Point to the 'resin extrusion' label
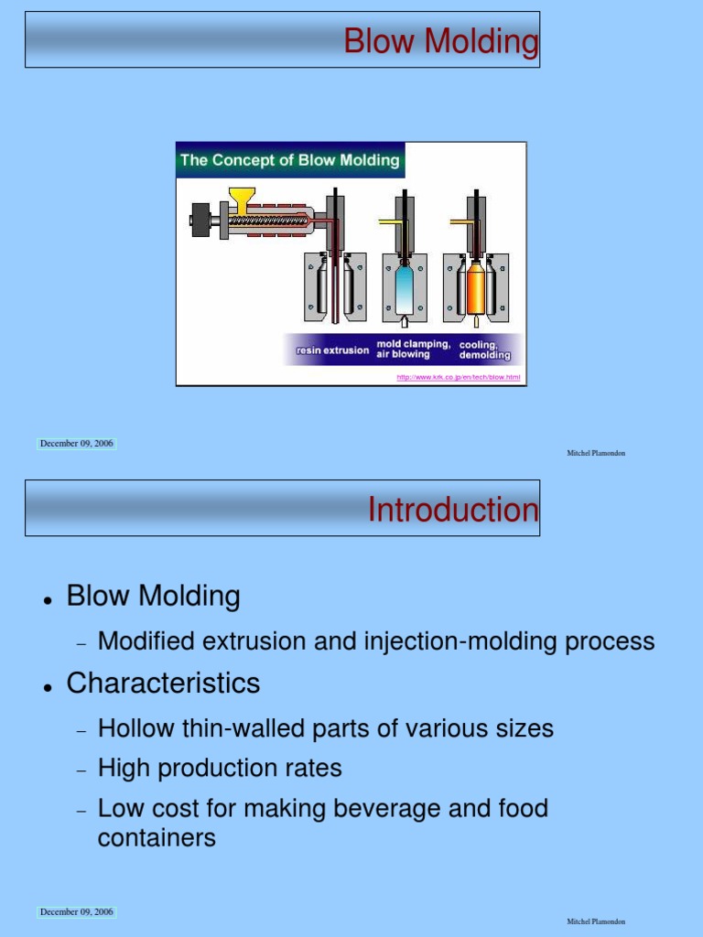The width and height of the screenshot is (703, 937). click(332, 350)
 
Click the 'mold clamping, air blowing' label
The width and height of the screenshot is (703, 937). click(413, 350)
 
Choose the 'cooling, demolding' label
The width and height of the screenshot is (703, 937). click(484, 350)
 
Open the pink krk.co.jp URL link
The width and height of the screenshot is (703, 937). click(458, 377)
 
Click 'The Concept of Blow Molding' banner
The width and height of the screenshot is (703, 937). click(289, 160)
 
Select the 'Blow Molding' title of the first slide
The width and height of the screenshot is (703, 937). click(440, 41)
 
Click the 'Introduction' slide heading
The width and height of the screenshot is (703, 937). click(453, 510)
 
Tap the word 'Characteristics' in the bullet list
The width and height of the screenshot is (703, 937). click(163, 684)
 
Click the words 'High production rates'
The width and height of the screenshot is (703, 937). click(220, 769)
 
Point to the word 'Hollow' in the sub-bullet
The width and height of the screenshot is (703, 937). click(130, 729)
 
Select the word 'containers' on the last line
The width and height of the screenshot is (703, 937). click(157, 837)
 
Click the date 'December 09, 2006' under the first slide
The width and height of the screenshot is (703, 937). click(77, 444)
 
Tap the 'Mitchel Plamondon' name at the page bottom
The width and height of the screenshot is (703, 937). click(596, 921)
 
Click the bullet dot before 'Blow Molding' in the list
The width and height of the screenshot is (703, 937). click(47, 600)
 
